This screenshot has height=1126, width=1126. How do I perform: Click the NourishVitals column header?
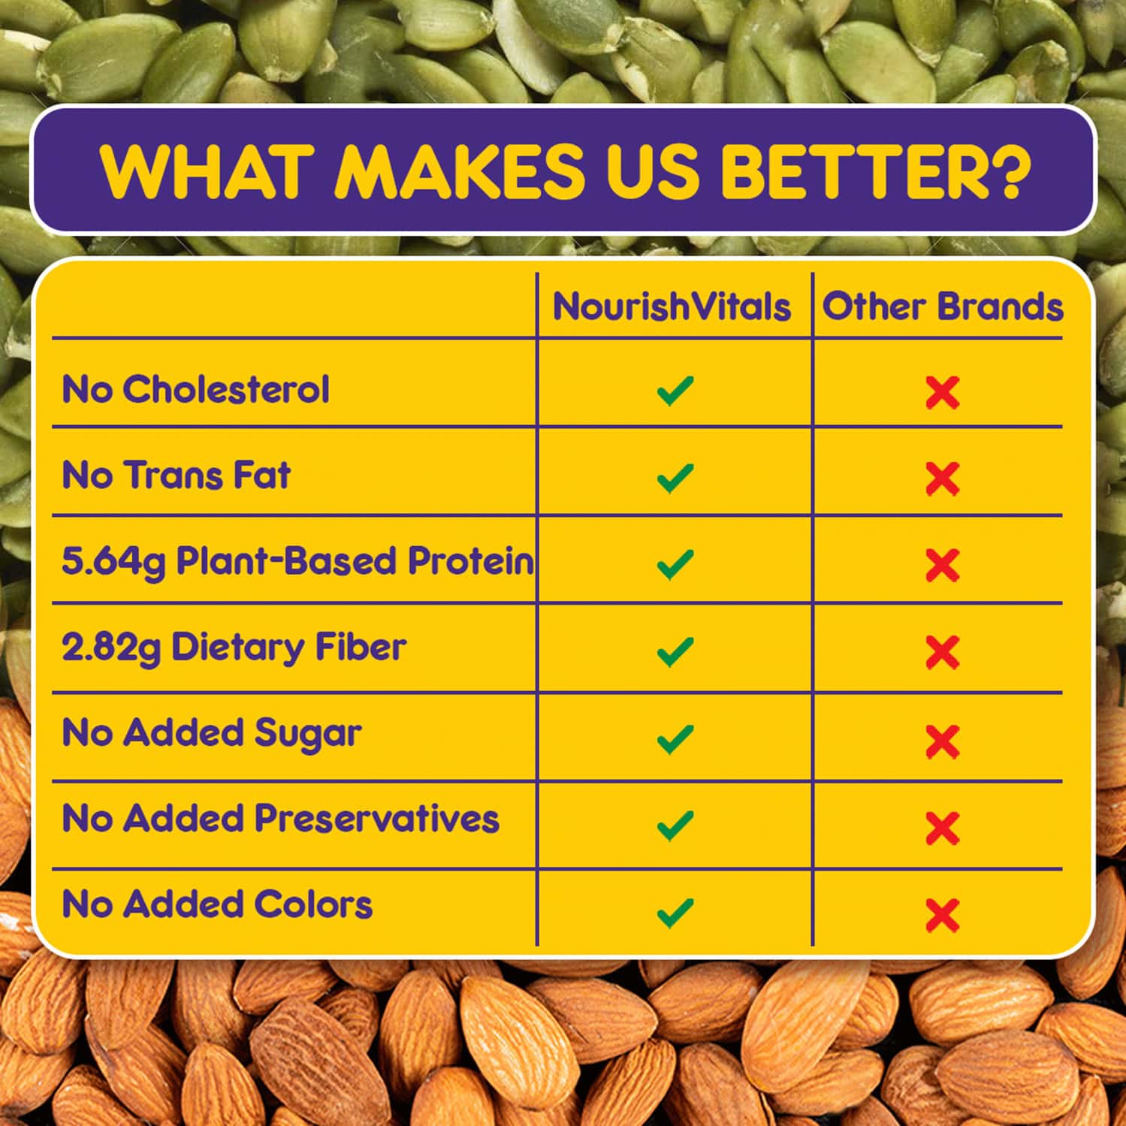(672, 306)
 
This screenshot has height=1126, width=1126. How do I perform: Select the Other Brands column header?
(943, 306)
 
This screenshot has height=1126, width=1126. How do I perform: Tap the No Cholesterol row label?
(195, 389)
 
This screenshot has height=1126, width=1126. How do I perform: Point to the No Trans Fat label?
(176, 475)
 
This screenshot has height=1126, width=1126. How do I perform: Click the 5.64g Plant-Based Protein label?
(297, 561)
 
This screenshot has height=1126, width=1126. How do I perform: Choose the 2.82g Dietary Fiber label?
(234, 648)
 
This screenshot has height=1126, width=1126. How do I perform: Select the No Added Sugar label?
(212, 733)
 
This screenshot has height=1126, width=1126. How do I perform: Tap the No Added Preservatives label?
(280, 819)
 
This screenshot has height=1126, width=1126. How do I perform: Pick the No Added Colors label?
(217, 904)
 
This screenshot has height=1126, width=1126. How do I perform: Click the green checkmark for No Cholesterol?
(675, 391)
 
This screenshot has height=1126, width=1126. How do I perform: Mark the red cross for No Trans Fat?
(943, 478)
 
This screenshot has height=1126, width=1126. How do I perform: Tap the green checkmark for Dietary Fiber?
(675, 651)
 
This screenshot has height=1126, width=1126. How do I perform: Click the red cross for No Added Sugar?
(943, 741)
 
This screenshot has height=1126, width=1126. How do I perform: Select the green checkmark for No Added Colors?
(675, 913)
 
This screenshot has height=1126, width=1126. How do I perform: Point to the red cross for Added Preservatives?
(943, 828)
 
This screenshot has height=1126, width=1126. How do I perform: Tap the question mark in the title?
(1004, 170)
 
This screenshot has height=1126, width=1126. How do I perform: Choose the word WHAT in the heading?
(206, 170)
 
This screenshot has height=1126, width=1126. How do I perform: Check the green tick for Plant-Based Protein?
(675, 565)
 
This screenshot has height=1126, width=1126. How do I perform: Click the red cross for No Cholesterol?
(943, 392)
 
